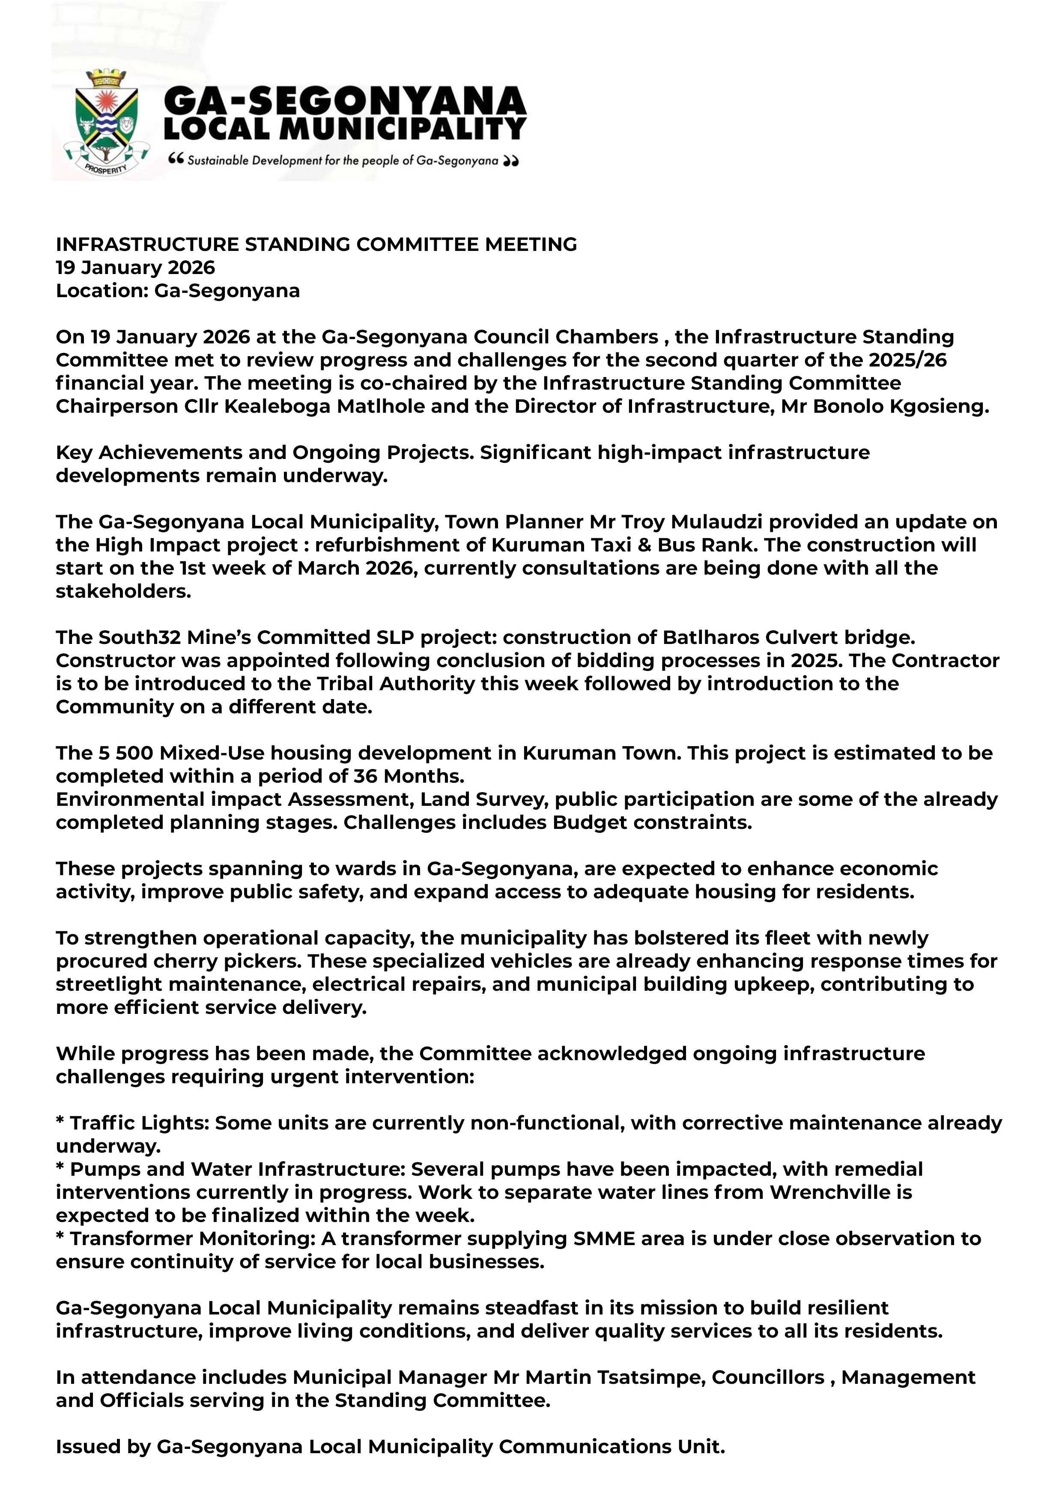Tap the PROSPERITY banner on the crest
[104, 169]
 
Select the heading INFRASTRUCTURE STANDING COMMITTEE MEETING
[316, 244]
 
